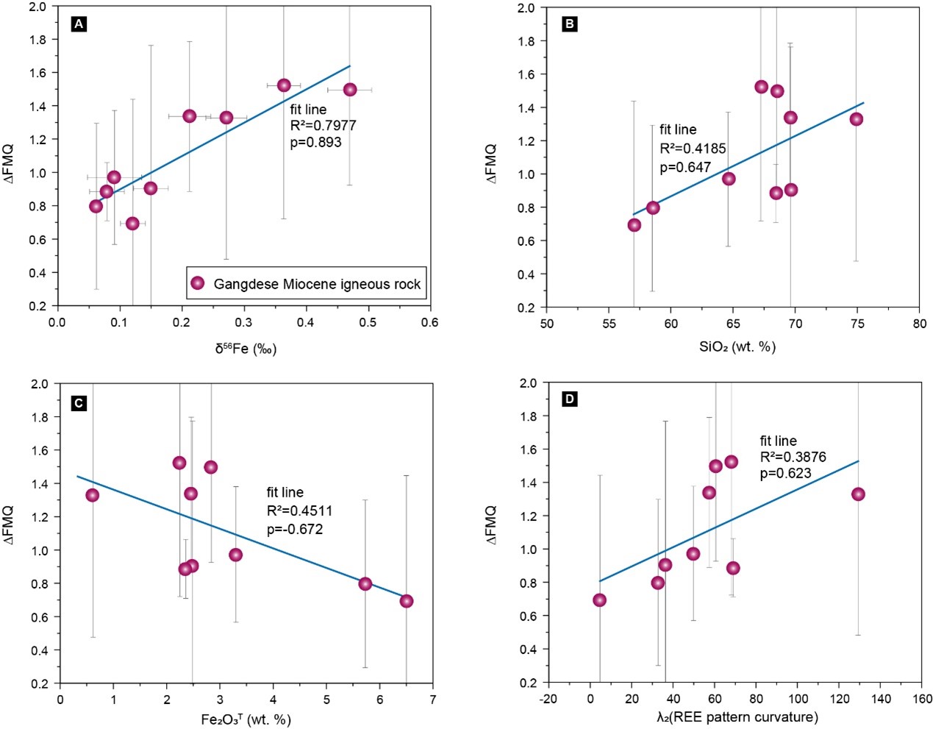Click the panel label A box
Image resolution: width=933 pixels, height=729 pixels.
pos(79,24)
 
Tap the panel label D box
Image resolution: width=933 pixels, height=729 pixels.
pos(568,399)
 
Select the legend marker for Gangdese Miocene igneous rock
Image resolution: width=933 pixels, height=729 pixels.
pos(197,283)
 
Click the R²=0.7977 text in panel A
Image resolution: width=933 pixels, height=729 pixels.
pos(323,126)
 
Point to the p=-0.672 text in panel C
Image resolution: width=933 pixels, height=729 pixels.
pos(295,529)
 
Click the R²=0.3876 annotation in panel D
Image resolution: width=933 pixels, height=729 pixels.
pos(793,457)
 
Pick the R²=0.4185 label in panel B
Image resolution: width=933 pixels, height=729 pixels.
pos(693,149)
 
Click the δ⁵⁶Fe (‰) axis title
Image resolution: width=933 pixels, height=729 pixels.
pos(246,348)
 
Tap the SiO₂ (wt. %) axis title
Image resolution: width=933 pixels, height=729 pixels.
pos(737,346)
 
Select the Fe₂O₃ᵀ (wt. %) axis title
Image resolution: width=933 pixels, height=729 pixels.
pos(246,719)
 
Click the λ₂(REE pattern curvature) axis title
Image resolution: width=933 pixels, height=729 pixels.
pos(737,717)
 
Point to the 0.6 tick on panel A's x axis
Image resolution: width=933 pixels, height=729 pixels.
pos(430,322)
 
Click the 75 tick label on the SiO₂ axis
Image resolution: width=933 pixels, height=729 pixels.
pos(857,324)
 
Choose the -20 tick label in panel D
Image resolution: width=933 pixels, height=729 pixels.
pos(548,699)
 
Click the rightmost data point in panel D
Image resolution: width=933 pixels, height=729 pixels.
pos(858,494)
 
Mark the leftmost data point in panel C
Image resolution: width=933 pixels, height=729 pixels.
pos(92,495)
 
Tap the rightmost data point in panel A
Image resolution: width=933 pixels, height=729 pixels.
pos(350,90)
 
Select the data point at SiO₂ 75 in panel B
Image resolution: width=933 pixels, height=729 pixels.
pos(856,119)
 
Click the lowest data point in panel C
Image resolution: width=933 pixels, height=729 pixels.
pos(407,601)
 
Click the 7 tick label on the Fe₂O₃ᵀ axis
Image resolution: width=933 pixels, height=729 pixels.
pos(432,699)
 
